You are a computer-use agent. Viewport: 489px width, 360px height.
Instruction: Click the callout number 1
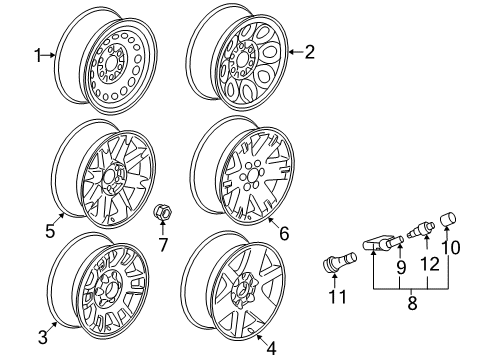pyautogui.click(x=39, y=57)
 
